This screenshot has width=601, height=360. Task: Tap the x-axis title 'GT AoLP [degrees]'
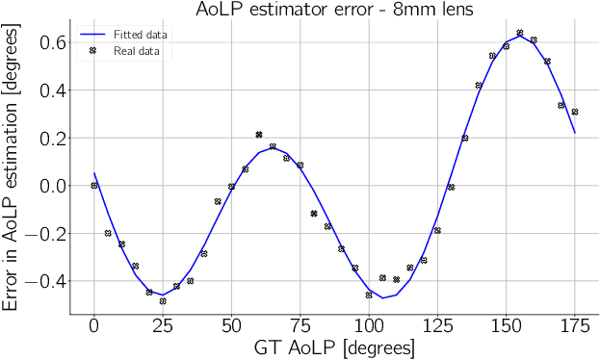coord(334,347)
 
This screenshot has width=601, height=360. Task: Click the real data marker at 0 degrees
coord(94,186)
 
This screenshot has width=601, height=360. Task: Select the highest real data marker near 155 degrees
coord(520,33)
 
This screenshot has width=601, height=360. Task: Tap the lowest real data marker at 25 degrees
coord(163,301)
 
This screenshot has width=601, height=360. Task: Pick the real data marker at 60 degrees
coord(259,135)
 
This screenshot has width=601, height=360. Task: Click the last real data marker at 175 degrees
coord(575,112)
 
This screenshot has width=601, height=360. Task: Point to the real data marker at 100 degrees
coord(369,295)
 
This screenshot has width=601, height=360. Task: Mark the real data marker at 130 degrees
coord(451,187)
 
